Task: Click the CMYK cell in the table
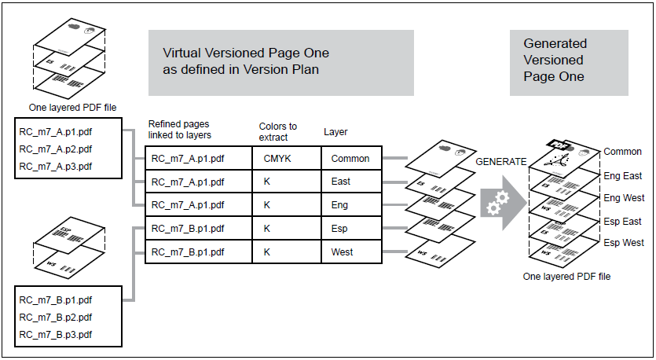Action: coord(278,158)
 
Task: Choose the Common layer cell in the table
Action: coord(350,158)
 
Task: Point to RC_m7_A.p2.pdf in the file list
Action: coord(56,149)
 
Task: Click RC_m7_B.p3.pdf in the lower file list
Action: coord(56,334)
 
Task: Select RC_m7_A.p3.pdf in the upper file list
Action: coord(56,166)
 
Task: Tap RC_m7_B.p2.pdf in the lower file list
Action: coord(56,317)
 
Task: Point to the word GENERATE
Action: coord(501,161)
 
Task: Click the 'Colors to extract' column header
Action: coord(278,131)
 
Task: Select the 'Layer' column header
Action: coord(335,132)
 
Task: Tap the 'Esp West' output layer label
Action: coord(623,242)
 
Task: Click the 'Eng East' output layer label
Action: coord(623,176)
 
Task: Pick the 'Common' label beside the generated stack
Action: coord(623,152)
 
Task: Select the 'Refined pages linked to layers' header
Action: coord(179,130)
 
